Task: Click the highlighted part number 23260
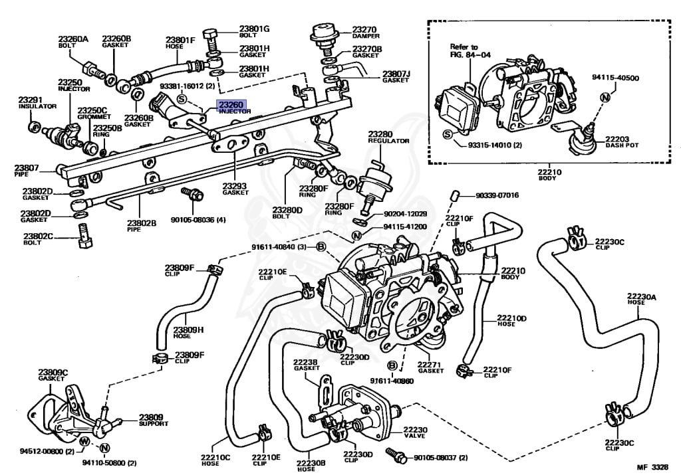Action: click(x=231, y=104)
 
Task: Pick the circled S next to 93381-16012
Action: click(x=182, y=100)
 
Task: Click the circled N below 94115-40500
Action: click(x=605, y=97)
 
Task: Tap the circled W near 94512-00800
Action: click(x=84, y=442)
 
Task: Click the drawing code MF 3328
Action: click(x=652, y=467)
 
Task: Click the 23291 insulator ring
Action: click(x=34, y=127)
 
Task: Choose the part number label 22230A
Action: click(x=642, y=297)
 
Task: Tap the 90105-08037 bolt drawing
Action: click(x=396, y=454)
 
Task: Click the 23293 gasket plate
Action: click(x=230, y=143)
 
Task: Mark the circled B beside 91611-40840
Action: click(x=321, y=247)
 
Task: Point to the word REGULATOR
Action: click(x=388, y=141)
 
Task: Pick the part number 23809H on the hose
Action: click(x=188, y=330)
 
